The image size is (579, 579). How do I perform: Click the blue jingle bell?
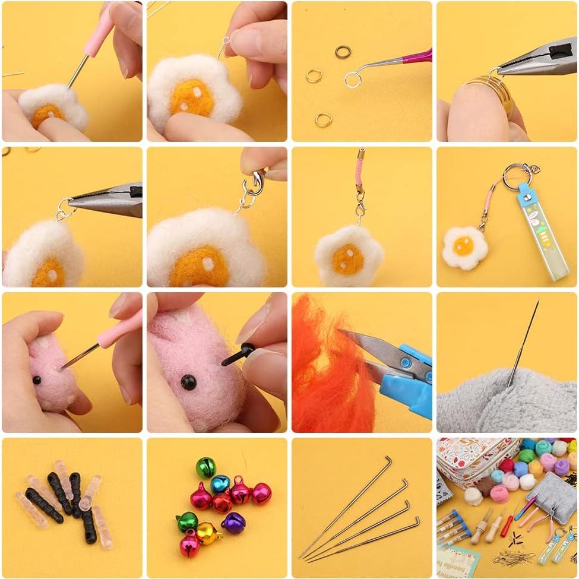pos(220,484)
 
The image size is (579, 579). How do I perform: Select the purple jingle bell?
pos(233,523)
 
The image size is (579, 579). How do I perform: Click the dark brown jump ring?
pos(343,52)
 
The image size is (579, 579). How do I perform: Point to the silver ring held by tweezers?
pos(352,79)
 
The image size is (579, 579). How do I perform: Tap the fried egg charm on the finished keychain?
pos(464,247)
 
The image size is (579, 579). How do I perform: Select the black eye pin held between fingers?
pos(238,355)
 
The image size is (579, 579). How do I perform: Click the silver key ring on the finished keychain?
pos(517,176)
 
